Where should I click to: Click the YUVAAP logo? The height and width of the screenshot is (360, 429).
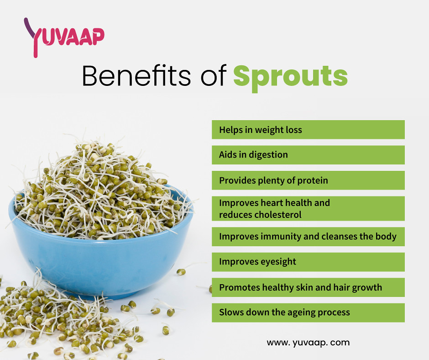coord(64,37)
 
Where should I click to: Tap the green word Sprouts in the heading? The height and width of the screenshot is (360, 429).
coord(290,76)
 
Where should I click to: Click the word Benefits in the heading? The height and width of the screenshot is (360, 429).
coord(136,76)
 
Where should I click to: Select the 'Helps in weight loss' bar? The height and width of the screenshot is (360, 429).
coord(308,130)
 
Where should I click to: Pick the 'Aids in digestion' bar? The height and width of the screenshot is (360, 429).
coord(308,155)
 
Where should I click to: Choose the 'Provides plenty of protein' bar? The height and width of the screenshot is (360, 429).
coord(308,180)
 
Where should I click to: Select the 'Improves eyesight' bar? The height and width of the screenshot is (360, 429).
coord(308,262)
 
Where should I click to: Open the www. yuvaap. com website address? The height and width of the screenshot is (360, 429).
coord(308,342)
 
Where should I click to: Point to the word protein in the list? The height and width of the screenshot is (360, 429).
coord(313,180)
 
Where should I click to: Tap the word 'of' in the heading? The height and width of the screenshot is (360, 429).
coord(213,76)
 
